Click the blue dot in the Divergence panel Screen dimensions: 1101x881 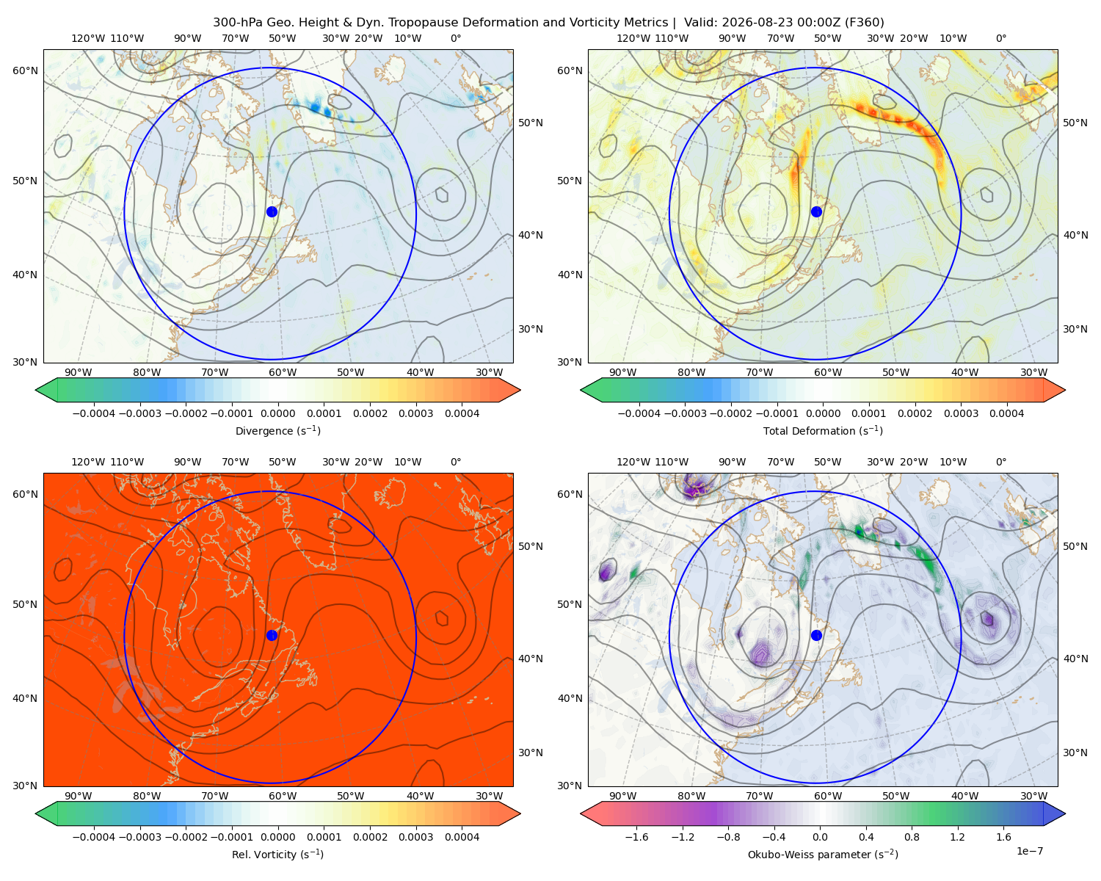coord(272,211)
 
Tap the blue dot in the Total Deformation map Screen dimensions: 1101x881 coord(816,211)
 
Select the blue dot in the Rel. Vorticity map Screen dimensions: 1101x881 coord(272,635)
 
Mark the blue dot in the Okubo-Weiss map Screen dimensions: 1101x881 coord(816,635)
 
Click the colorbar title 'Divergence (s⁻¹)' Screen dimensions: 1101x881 coord(277,430)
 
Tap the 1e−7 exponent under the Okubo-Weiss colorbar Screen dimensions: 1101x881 coord(1029,851)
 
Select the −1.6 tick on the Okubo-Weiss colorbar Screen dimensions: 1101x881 coord(636,836)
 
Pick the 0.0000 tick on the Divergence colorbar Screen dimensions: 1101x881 coord(277,413)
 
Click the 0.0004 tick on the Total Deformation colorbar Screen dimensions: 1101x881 coord(1006,413)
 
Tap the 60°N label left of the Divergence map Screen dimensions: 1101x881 coord(25,70)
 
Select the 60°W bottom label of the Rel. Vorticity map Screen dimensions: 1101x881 coord(283,796)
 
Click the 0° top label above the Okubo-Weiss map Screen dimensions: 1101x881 coord(1000,462)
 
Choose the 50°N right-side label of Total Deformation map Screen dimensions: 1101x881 coord(1075,123)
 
